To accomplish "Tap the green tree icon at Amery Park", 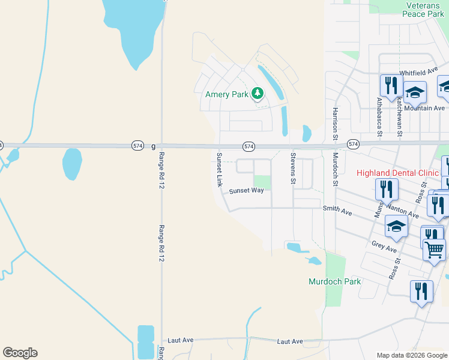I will tap(258, 93).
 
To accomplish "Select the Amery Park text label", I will tap(227, 94).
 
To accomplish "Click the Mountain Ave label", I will tap(424, 108).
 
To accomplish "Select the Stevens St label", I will tap(294, 168).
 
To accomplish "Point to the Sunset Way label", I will tap(246, 191).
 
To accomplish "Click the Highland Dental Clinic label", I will tap(398, 173).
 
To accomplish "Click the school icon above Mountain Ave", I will tap(414, 92).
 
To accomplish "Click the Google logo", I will tap(20, 353).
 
